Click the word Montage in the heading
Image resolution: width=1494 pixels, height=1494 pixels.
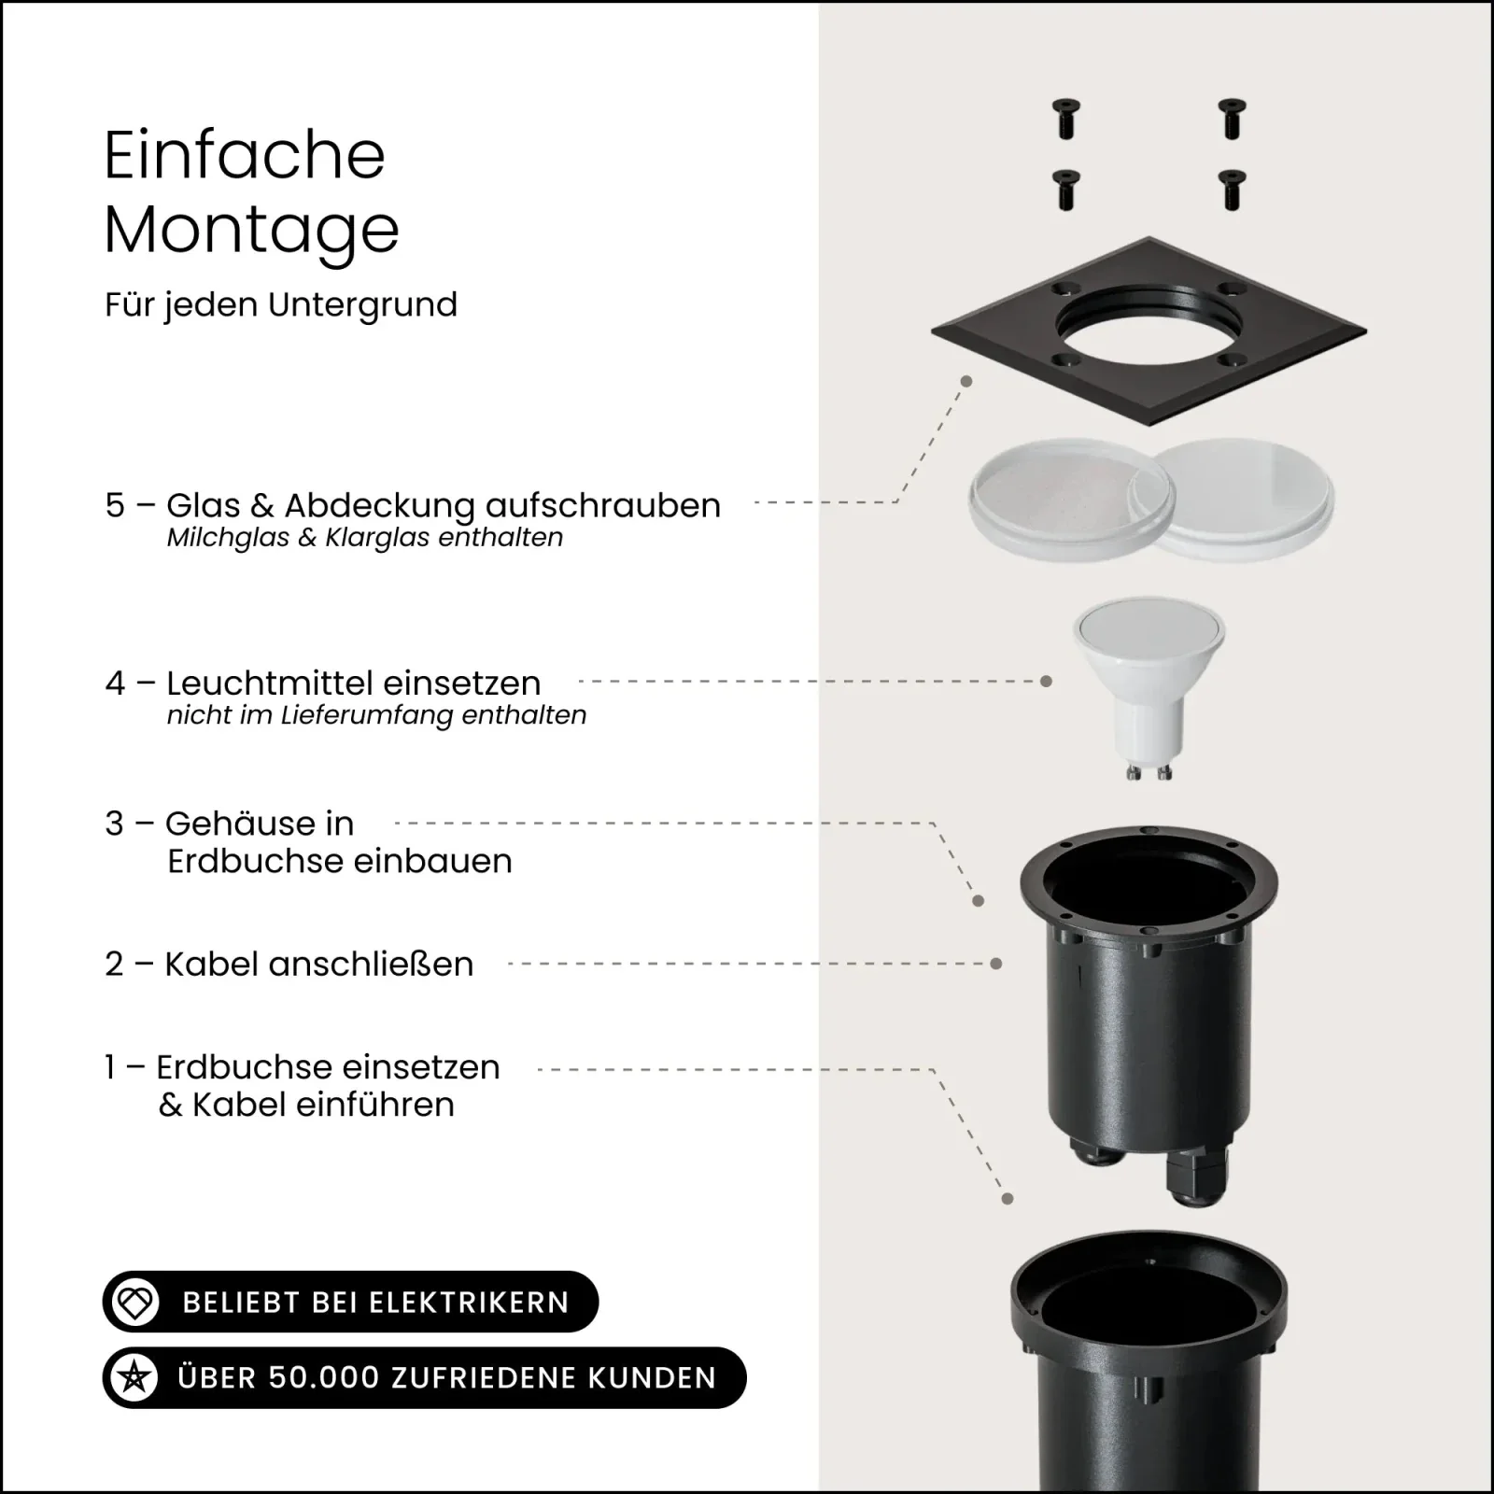(251, 230)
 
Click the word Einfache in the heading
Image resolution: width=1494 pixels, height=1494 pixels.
(245, 155)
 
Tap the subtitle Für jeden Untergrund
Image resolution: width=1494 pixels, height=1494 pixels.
(281, 305)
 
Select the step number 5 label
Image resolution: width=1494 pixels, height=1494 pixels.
(115, 505)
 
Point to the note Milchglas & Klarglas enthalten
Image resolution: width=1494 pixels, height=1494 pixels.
(365, 538)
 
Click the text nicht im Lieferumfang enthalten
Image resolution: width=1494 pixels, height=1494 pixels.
(376, 715)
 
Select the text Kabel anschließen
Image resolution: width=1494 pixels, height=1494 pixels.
(319, 964)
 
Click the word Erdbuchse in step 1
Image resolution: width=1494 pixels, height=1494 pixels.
(238, 1066)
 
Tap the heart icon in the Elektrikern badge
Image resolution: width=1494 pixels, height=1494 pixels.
(136, 1303)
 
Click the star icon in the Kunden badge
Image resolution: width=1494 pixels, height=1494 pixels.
(134, 1378)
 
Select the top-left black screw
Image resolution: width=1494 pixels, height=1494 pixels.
(1065, 120)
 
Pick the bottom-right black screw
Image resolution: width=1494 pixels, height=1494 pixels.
(1233, 190)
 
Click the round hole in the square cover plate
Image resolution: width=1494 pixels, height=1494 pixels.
(1149, 338)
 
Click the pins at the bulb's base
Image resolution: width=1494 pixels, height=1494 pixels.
(1149, 771)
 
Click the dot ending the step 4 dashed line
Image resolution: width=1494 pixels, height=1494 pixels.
(1046, 682)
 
